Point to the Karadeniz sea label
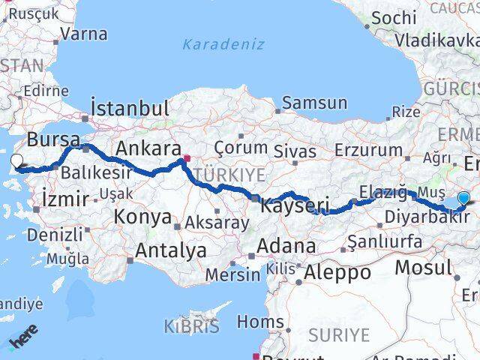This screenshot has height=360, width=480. (223, 43)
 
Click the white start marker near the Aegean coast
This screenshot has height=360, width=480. (16, 160)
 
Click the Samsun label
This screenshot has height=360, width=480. (314, 103)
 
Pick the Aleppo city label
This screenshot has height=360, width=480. (337, 273)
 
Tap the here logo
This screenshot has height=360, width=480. (25, 343)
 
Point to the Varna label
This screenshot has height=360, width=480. (82, 34)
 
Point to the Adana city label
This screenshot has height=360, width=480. (286, 245)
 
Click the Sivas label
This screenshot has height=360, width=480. (295, 151)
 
